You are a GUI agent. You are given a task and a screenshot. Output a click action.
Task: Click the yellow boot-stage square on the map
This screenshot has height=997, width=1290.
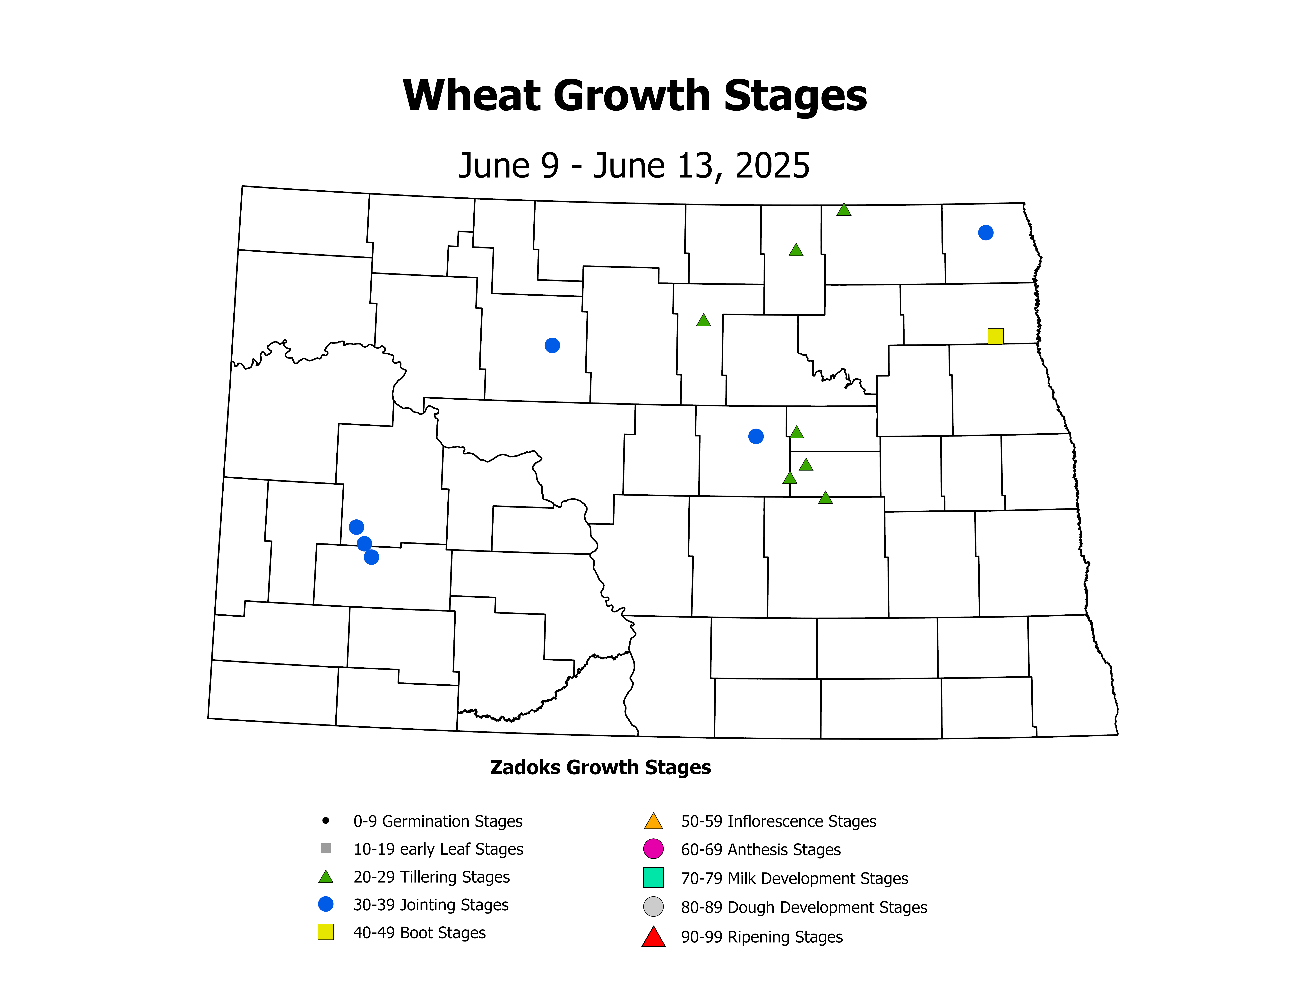[995, 336]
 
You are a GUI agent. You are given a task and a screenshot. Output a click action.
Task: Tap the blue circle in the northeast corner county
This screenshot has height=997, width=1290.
[985, 233]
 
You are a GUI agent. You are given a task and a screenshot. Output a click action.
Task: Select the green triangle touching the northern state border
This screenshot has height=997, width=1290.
[843, 210]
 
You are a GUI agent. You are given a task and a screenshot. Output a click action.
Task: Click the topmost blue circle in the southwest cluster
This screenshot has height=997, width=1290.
[356, 527]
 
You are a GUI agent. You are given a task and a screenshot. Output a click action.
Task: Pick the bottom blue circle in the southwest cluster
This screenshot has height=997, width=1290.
[371, 557]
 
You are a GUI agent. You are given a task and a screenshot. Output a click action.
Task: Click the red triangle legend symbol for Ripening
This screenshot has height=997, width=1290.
[653, 937]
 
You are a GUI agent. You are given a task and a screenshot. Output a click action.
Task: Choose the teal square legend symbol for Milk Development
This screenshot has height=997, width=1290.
[653, 878]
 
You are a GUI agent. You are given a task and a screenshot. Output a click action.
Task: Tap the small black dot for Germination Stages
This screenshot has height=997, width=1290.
[325, 820]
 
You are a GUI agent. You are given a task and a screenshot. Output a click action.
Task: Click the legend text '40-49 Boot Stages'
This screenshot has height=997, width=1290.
[419, 933]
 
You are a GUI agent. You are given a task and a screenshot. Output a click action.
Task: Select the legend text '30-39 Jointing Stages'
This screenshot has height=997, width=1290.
[431, 905]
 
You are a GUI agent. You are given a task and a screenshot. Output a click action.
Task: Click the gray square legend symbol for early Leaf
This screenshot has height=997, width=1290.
[325, 848]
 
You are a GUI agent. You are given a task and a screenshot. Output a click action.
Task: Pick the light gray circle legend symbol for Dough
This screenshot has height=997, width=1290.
[653, 907]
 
